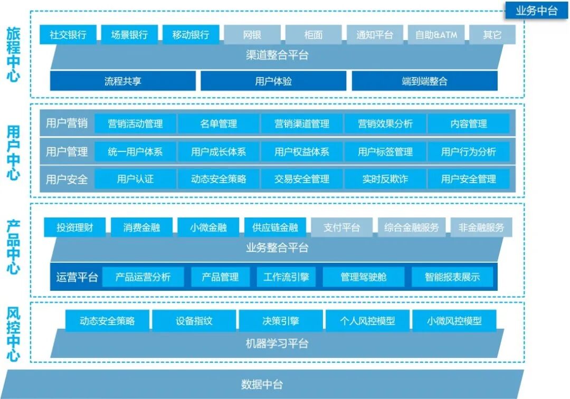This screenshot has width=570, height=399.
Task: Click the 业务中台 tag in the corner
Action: point(537,11)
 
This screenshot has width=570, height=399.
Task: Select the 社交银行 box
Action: point(68,35)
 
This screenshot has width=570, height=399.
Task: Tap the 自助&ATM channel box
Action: point(436,35)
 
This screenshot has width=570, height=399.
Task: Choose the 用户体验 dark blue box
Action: point(273,81)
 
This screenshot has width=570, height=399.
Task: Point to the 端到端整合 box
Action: point(424,81)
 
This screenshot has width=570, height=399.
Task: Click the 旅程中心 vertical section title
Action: point(14,54)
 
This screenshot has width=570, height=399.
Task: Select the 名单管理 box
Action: point(218,124)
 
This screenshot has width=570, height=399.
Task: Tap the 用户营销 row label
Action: point(66,123)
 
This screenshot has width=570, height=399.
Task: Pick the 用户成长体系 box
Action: point(218,152)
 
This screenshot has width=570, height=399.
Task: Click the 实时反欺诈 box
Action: point(385,179)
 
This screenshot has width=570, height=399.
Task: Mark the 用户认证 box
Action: point(135,179)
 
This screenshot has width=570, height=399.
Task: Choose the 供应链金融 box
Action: point(275,228)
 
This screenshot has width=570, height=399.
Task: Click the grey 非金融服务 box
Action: point(481,228)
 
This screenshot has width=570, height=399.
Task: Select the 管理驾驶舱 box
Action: point(363,277)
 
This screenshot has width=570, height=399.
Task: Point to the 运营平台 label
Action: point(77,277)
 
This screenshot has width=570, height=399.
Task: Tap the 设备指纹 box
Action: point(194,321)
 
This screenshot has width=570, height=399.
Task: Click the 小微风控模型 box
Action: point(454,321)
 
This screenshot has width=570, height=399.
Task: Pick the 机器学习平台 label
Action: point(277,344)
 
